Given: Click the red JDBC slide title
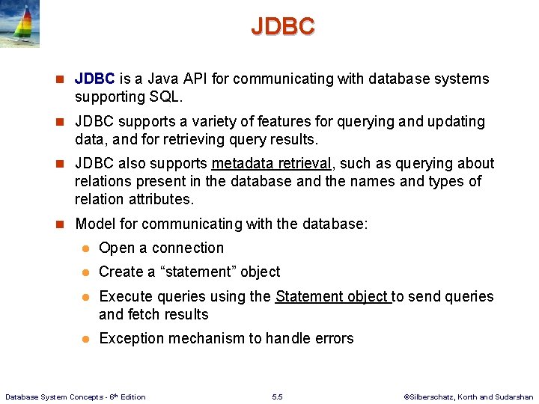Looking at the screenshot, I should click(x=283, y=26).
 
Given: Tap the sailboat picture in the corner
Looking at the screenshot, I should click(x=20, y=24).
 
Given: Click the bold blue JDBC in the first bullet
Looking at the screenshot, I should click(x=94, y=79).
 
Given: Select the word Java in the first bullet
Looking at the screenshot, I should click(x=165, y=79).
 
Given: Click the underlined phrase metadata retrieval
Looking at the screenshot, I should click(x=271, y=163).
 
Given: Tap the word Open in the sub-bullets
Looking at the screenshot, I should click(x=116, y=248).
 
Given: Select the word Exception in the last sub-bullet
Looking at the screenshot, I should click(x=131, y=338).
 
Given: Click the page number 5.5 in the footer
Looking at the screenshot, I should click(x=278, y=397).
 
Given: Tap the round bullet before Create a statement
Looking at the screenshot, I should click(x=86, y=272).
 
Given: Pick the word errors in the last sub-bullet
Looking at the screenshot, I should click(x=333, y=338).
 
